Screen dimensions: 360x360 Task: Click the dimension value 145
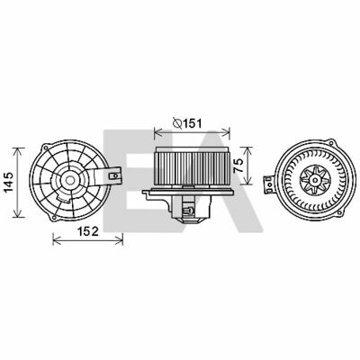coord(8,182)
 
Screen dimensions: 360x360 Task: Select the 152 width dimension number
coord(88,231)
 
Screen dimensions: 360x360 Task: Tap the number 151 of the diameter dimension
coord(193,123)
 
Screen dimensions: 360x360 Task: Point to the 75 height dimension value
coord(238,166)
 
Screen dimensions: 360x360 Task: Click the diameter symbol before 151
coord(177,123)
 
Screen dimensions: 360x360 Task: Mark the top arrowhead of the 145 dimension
coord(19,151)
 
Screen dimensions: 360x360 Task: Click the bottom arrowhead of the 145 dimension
coord(19,212)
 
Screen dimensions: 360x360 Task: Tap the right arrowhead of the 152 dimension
coord(119,240)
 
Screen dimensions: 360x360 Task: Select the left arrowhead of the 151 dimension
coord(157,131)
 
